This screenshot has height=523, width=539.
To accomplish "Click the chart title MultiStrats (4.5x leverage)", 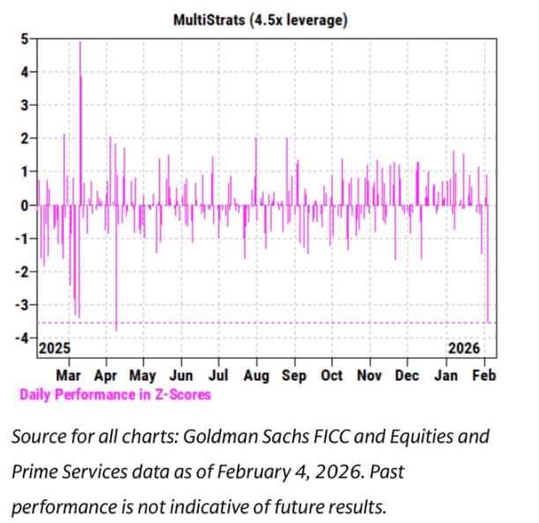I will (262, 19).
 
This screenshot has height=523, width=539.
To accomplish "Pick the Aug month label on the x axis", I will (256, 375).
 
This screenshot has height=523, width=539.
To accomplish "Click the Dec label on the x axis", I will (407, 375).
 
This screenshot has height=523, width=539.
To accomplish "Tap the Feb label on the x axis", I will (483, 375).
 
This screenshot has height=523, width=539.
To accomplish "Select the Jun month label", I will (181, 375).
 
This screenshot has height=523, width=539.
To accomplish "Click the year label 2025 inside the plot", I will (53, 349).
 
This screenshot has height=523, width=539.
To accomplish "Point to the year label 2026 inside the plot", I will (464, 349).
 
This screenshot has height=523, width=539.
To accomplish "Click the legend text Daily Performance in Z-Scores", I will (115, 394).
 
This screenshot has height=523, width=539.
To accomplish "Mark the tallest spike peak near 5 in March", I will (80, 42).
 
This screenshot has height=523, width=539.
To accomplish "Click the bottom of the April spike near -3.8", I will (116, 331).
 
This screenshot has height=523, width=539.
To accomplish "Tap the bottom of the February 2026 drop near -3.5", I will (488, 322).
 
